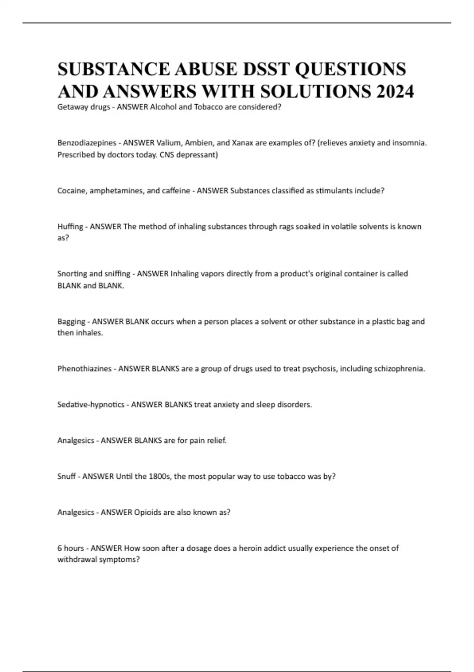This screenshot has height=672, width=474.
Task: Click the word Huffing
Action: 70,227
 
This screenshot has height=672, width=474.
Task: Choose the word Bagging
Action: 71,321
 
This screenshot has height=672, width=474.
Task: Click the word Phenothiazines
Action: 85,369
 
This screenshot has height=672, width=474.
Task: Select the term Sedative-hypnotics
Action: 91,405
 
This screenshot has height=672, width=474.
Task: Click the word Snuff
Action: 67,476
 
